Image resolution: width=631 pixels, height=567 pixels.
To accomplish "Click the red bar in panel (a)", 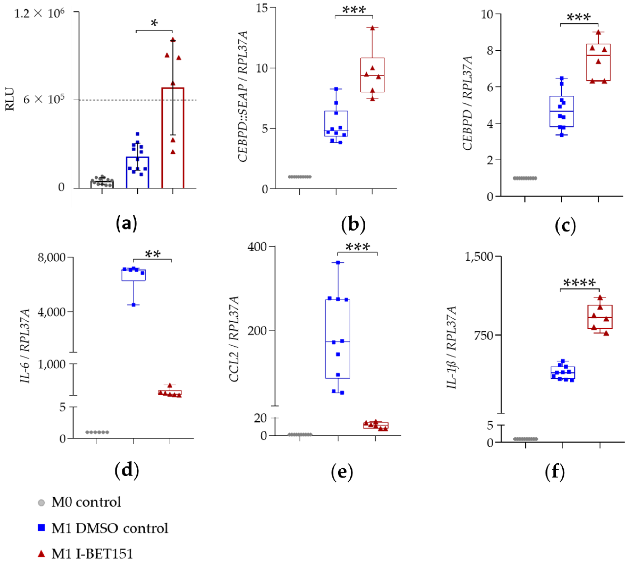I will (173, 138).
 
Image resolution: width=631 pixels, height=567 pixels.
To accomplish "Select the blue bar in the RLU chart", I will (137, 173).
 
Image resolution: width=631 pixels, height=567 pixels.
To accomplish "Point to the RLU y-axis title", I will (10, 99).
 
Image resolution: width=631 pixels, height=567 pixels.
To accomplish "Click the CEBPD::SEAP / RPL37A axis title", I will (243, 96).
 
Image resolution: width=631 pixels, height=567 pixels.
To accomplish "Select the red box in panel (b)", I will (372, 75).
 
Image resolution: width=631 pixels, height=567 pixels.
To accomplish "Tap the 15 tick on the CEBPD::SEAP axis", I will (262, 8).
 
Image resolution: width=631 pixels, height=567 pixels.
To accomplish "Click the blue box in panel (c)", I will (562, 111).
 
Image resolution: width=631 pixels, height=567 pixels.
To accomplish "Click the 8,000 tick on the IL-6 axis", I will (52, 257).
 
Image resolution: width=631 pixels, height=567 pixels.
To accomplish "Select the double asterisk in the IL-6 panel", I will (153, 254).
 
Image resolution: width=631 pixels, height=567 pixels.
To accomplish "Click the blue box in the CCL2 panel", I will (338, 339).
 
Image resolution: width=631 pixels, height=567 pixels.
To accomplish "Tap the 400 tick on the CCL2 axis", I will (257, 247).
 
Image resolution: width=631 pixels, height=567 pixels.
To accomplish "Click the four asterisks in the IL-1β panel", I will (579, 283).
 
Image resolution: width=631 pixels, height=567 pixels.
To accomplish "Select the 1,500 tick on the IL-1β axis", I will (479, 256).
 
